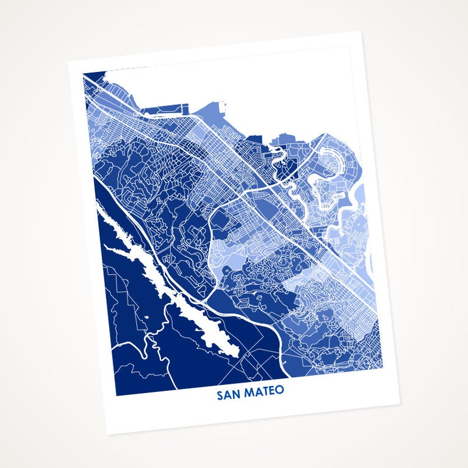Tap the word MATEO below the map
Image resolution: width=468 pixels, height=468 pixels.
(x=264, y=391)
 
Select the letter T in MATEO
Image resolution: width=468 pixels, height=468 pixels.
(x=265, y=391)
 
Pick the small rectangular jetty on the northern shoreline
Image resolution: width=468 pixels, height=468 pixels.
(x=223, y=106)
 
